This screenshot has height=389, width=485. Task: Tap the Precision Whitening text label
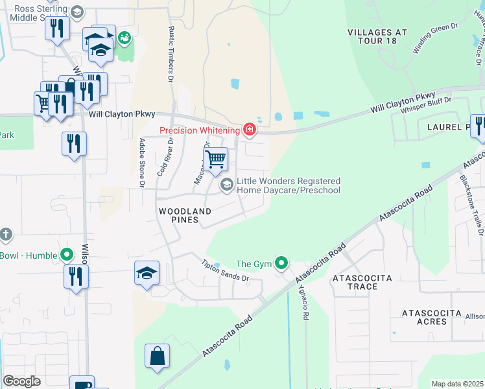[x=200, y=130]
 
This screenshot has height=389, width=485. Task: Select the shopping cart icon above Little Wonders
[x=215, y=158]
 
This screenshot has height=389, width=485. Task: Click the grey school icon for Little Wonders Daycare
[x=226, y=185]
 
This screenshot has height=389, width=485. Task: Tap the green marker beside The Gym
[x=281, y=263]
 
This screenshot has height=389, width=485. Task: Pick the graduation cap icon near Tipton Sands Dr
[x=147, y=273]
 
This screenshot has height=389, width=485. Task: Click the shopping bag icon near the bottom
[x=157, y=356]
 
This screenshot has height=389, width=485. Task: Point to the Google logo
[x=21, y=381]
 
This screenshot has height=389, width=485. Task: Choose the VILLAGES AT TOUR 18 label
[x=377, y=37]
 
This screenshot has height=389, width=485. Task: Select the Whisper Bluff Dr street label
[x=425, y=105]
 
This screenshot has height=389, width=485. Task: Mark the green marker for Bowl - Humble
[x=66, y=255]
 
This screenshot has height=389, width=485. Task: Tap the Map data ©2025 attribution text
[x=457, y=384]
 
